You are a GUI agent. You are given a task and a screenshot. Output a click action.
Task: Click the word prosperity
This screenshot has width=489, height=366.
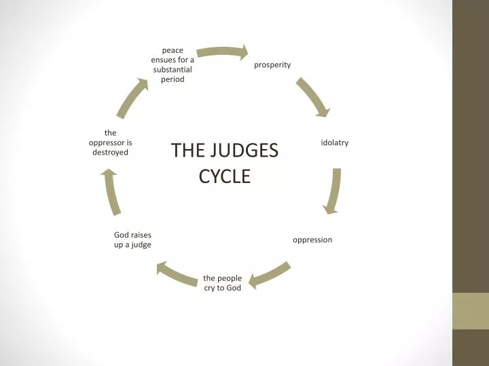pyautogui.click(x=272, y=64)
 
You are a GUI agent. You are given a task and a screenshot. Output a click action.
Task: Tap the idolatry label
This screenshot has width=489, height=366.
pyautogui.click(x=335, y=142)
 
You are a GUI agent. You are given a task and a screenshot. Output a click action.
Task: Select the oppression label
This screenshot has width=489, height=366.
pyautogui.click(x=312, y=240)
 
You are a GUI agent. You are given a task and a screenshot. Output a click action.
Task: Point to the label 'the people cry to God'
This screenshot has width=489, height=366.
pyautogui.click(x=223, y=283)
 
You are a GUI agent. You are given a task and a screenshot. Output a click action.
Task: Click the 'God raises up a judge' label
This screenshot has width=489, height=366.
pyautogui.click(x=132, y=239)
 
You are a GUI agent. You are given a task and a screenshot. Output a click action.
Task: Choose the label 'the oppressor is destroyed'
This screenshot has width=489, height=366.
pyautogui.click(x=110, y=142)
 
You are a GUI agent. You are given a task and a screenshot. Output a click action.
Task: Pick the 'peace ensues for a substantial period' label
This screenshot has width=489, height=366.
pyautogui.click(x=173, y=64)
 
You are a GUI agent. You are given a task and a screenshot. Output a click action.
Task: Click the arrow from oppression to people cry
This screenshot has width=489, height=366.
pyautogui.click(x=270, y=274)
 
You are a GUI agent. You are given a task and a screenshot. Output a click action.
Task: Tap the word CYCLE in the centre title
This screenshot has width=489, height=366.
pyautogui.click(x=225, y=176)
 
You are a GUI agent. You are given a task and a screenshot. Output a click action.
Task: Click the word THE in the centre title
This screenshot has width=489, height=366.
pyautogui.click(x=183, y=150)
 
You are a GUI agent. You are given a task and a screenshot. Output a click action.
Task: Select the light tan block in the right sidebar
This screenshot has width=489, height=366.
pyautogui.click(x=471, y=310)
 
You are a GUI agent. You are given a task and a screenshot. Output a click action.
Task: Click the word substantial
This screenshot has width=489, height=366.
pyautogui.click(x=173, y=69)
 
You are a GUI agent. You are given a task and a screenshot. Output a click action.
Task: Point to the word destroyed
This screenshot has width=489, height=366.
pyautogui.click(x=110, y=152)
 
